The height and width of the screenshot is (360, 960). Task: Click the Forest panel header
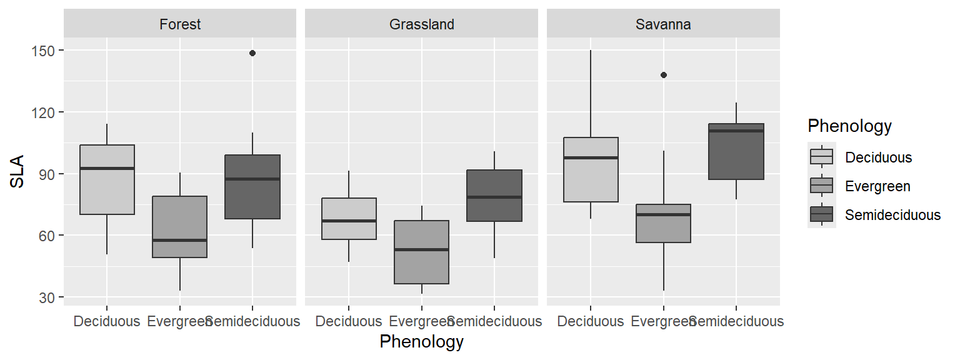pyautogui.click(x=180, y=24)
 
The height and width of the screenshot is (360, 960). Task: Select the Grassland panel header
pyautogui.click(x=421, y=24)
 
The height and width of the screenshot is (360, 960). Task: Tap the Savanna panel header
pyautogui.click(x=663, y=24)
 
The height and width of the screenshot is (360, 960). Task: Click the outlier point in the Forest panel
pyautogui.click(x=252, y=53)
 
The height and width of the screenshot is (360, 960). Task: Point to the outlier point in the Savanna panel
pyautogui.click(x=664, y=75)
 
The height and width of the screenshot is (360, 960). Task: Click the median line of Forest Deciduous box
pyautogui.click(x=107, y=168)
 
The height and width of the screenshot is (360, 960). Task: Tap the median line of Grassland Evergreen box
pyautogui.click(x=422, y=249)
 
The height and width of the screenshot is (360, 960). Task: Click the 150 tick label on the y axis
pyautogui.click(x=43, y=51)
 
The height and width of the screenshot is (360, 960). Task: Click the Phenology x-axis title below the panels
pyautogui.click(x=421, y=342)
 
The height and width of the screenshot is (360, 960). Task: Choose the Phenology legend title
pyautogui.click(x=849, y=126)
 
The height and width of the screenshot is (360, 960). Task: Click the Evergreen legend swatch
pyautogui.click(x=821, y=186)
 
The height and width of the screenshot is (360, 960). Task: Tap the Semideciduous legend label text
pyautogui.click(x=892, y=215)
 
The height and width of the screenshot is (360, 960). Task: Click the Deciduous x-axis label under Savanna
pyautogui.click(x=591, y=321)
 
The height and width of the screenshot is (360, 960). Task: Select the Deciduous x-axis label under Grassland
pyautogui.click(x=349, y=321)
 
